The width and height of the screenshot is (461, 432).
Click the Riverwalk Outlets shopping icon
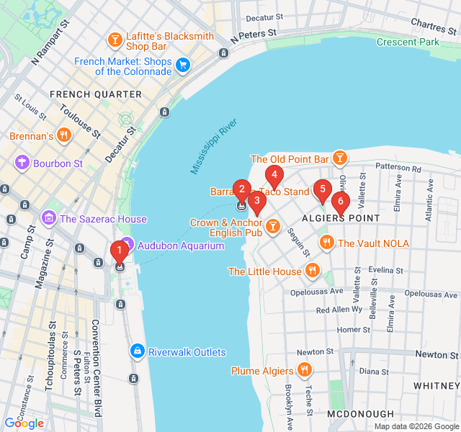coord(136,351)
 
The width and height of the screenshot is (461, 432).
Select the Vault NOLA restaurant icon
coord(326,243)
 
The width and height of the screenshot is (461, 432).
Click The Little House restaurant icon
coord(312,271)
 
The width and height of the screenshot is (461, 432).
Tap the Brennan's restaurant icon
coord(64,135)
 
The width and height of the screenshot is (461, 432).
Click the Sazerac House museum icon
coord(49,218)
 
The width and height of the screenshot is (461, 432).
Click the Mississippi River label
coord(214,148)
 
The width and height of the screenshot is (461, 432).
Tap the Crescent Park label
coord(408,42)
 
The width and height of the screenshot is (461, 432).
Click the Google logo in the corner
coord(24,423)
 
